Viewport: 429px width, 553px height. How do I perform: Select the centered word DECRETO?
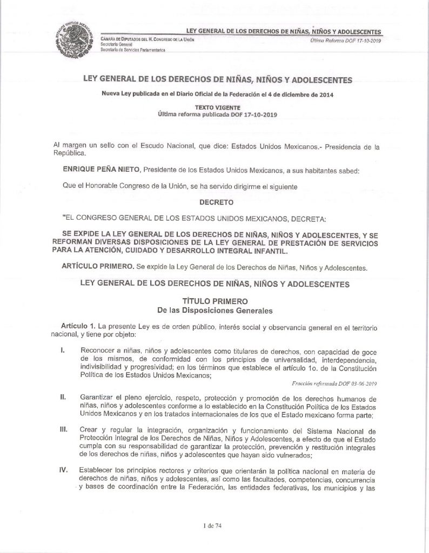[215, 205]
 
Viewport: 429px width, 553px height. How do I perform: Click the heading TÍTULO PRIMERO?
[215, 301]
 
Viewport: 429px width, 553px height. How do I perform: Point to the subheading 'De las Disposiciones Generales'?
[215, 311]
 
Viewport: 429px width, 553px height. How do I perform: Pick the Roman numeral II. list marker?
[64, 397]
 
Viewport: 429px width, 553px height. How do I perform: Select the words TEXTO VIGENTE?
[215, 107]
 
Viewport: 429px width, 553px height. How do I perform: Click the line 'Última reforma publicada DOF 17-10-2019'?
[215, 114]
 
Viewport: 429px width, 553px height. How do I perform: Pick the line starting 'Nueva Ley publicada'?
[215, 96]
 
